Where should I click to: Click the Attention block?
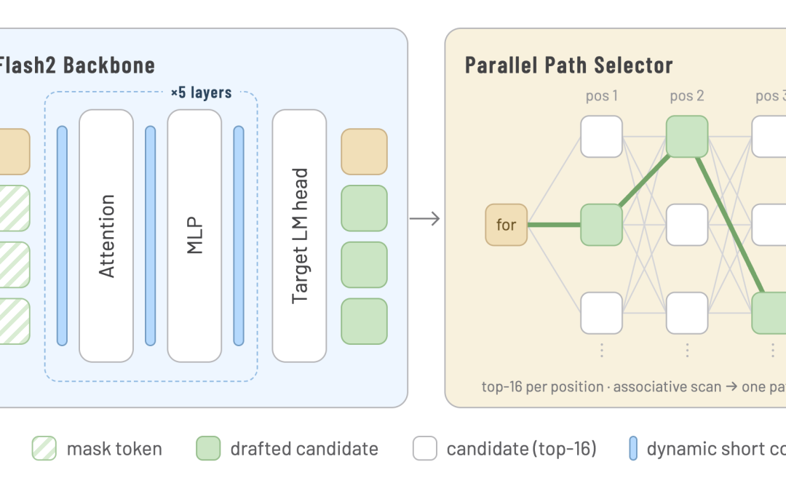click(x=106, y=236)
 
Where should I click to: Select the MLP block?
click(x=194, y=236)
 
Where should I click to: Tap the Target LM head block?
click(x=299, y=236)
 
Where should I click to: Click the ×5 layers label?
click(x=201, y=92)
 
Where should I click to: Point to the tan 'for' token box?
click(x=507, y=225)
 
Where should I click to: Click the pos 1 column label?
click(x=602, y=96)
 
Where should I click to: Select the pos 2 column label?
click(x=687, y=96)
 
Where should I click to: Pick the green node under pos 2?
click(x=687, y=137)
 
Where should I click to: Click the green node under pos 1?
click(x=602, y=225)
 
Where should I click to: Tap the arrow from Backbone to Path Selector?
click(x=424, y=218)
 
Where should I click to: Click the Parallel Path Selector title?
click(x=568, y=65)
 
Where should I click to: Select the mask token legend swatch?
click(x=44, y=448)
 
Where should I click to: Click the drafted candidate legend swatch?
click(x=208, y=448)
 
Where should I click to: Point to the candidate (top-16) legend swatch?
click(x=424, y=448)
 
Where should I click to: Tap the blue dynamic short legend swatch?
click(x=633, y=448)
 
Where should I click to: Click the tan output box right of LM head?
click(x=365, y=152)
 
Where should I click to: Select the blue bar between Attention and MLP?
click(x=151, y=236)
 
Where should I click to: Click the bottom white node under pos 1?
click(x=602, y=313)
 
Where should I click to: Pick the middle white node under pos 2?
click(x=687, y=225)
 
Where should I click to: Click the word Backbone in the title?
click(x=109, y=65)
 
